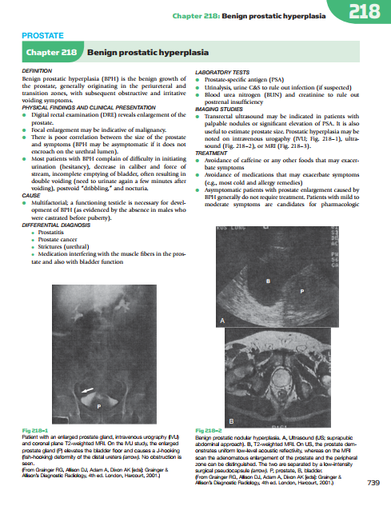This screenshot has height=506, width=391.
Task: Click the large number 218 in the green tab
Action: pyautogui.click(x=365, y=12)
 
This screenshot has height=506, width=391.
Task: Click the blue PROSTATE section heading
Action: pyautogui.click(x=42, y=35)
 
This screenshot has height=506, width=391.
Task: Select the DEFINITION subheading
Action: pyautogui.click(x=37, y=71)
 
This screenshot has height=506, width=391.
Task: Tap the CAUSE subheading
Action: pyautogui.click(x=31, y=196)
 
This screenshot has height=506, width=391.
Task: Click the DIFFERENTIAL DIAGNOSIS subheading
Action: pyautogui.click(x=56, y=225)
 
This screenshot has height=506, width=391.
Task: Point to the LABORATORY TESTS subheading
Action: pyautogui.click(x=222, y=73)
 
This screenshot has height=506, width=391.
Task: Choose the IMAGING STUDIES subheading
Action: pyautogui.click(x=219, y=110)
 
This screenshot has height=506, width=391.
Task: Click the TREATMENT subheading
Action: pyautogui.click(x=211, y=153)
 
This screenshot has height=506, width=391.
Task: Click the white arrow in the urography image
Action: pyautogui.click(x=87, y=390)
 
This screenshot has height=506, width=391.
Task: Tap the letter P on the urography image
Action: pyautogui.click(x=99, y=406)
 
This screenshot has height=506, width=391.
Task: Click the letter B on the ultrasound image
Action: pyautogui.click(x=268, y=281)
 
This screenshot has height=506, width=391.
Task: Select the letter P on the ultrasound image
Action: pyautogui.click(x=302, y=292)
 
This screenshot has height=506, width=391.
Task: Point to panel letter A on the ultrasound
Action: pyautogui.click(x=222, y=321)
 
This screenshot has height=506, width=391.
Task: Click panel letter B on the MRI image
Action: pyautogui.click(x=231, y=421)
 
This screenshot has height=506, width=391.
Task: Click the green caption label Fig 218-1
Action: pyautogui.click(x=35, y=431)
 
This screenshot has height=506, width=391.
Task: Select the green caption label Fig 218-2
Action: pyautogui.click(x=209, y=431)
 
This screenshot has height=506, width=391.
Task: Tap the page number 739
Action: pyautogui.click(x=373, y=483)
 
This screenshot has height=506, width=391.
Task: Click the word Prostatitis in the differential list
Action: pyautogui.click(x=51, y=233)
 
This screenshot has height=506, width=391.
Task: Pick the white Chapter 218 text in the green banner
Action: pyautogui.click(x=52, y=52)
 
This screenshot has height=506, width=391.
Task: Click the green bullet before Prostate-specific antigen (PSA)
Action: pyautogui.click(x=197, y=80)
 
